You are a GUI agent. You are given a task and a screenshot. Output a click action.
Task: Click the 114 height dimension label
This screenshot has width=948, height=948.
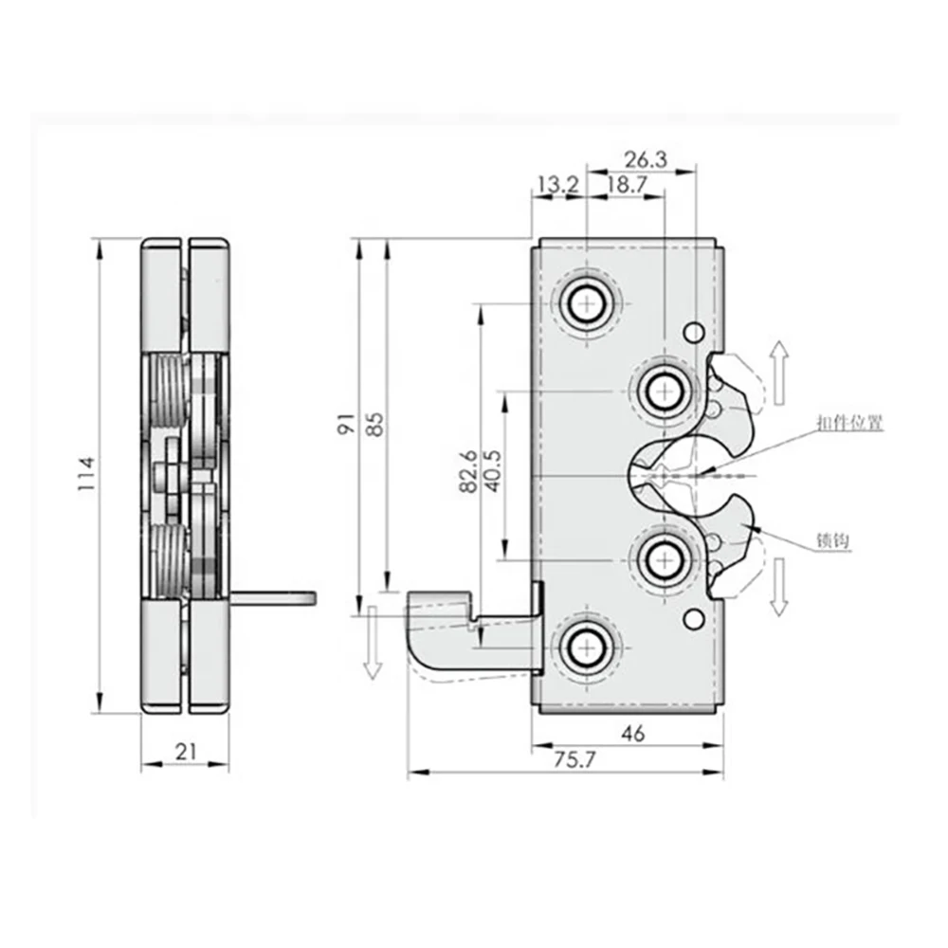point(87,475)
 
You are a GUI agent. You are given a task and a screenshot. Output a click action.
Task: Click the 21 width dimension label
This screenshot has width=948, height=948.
point(187,752)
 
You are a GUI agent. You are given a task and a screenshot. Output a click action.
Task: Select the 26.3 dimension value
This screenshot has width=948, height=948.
point(647,160)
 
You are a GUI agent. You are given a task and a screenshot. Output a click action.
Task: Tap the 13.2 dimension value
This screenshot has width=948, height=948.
point(557,185)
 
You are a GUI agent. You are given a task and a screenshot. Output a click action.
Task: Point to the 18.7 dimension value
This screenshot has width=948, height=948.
point(626,185)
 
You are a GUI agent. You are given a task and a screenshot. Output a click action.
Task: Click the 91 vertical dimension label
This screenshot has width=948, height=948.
point(347,423)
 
